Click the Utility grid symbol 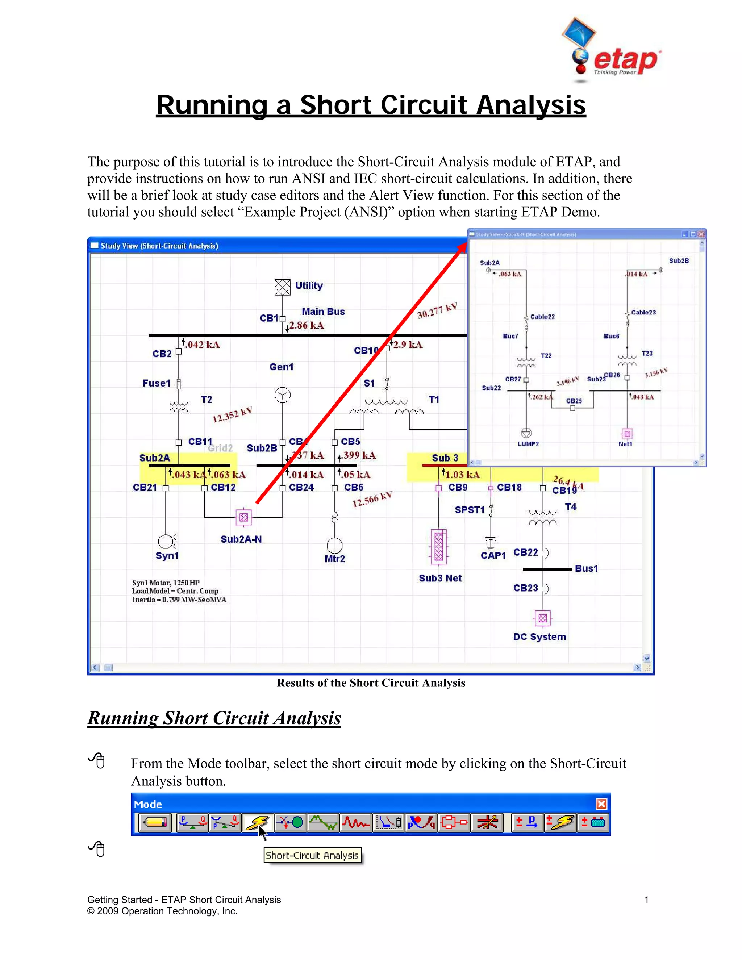point(282,287)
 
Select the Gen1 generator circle point(282,395)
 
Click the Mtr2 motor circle point(334,546)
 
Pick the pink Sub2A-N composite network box point(243,517)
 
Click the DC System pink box point(542,618)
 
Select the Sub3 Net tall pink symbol point(439,546)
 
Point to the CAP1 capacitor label point(493,555)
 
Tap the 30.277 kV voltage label point(437,311)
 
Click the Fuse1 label point(156,383)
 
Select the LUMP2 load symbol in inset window point(526,433)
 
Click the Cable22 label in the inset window point(542,317)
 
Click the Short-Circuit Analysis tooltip point(312,855)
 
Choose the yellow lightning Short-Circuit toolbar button point(258,822)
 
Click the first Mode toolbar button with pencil point(155,822)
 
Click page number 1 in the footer point(646,900)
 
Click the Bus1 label point(587,568)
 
